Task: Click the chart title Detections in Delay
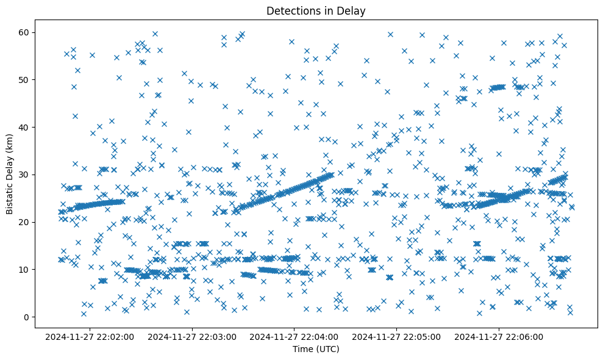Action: (x=316, y=10)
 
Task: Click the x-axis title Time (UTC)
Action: (x=316, y=349)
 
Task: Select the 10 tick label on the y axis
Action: (x=26, y=269)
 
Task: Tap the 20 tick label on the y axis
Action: (x=26, y=222)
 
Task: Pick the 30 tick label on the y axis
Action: (x=26, y=175)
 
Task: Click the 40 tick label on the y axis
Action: (x=26, y=127)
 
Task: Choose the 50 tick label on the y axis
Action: (x=26, y=79)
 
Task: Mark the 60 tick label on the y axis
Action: (x=26, y=32)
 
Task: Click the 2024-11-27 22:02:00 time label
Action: (x=90, y=336)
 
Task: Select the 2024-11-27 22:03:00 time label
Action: (x=192, y=336)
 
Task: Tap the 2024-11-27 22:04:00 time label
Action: (x=294, y=336)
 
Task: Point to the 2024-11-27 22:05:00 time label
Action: (x=397, y=336)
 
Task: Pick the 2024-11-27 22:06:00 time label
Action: (x=499, y=336)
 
